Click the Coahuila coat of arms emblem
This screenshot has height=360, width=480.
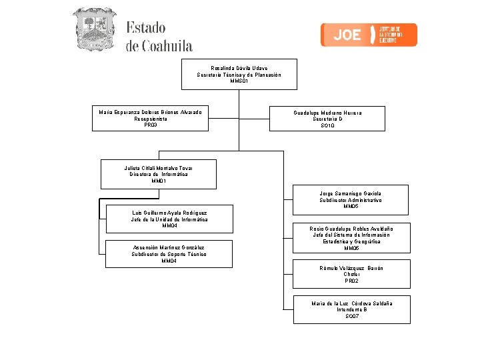point(94,29)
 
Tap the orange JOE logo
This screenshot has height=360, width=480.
point(369,35)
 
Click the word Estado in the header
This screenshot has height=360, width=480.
point(146,28)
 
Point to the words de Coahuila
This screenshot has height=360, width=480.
point(159,46)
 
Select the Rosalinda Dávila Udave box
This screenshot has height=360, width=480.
point(239,75)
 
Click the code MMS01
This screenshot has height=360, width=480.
point(239,81)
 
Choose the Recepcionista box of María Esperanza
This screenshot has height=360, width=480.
point(150,119)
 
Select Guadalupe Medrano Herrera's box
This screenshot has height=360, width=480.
point(327,119)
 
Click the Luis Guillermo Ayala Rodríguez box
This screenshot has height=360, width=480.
point(169,219)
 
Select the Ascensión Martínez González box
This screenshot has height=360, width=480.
point(169,254)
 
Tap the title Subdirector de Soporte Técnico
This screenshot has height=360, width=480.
point(169,254)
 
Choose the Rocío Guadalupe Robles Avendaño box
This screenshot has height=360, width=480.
point(351,239)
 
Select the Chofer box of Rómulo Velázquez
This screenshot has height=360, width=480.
point(351,275)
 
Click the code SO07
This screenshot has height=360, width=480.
point(352,316)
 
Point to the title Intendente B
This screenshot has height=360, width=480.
point(352,309)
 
